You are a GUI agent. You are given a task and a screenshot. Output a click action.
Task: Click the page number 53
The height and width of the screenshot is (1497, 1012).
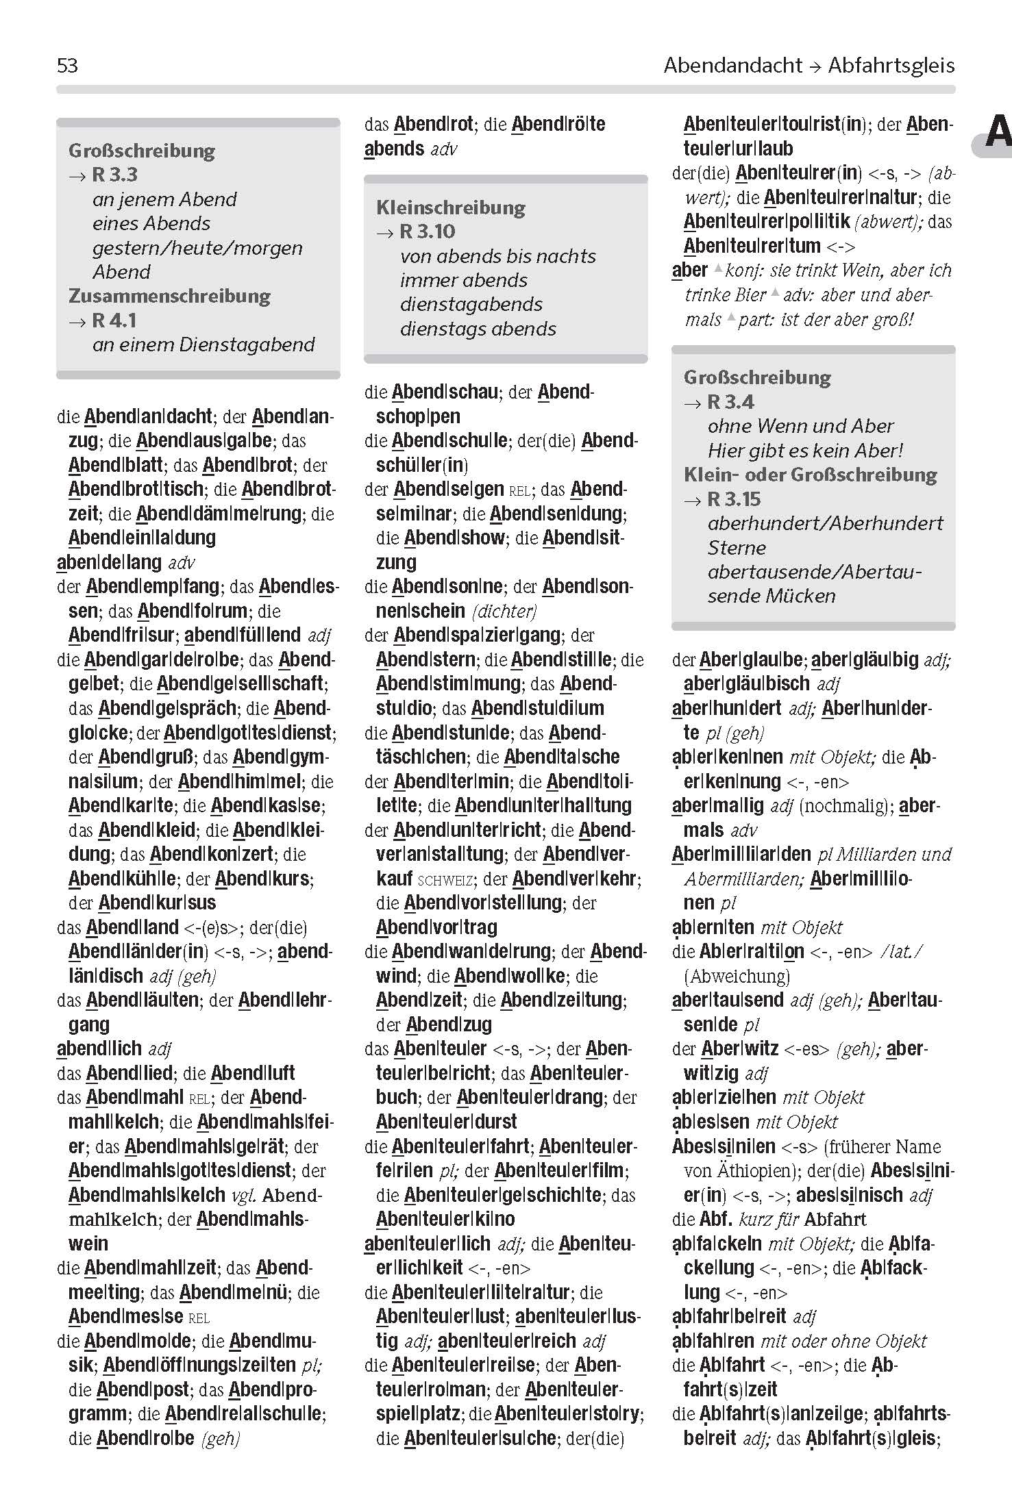click(67, 66)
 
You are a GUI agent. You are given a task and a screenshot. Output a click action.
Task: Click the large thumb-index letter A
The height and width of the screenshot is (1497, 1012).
click(998, 133)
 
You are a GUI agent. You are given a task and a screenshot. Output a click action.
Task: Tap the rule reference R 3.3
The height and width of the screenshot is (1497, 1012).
click(114, 175)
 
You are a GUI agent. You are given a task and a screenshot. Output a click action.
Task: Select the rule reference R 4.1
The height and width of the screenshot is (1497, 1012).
click(114, 320)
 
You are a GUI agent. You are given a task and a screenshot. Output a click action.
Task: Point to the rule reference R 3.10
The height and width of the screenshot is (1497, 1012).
click(428, 231)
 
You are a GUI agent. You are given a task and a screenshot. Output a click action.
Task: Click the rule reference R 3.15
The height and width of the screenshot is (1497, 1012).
click(734, 499)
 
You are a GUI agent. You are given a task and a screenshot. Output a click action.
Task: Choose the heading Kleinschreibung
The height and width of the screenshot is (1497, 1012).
click(451, 207)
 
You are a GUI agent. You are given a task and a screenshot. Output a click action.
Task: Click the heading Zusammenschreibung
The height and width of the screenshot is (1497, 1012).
click(169, 296)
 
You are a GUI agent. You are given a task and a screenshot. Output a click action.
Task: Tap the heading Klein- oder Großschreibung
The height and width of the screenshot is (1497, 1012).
click(810, 475)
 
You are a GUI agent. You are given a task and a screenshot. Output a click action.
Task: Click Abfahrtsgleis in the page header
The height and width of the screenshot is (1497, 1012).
click(891, 66)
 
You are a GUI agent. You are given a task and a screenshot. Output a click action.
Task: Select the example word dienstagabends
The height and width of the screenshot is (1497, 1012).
click(471, 304)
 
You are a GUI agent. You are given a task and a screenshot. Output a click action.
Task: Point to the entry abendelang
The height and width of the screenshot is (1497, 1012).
click(109, 562)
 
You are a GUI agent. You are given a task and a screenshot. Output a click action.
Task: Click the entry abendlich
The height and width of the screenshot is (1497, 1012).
click(99, 1048)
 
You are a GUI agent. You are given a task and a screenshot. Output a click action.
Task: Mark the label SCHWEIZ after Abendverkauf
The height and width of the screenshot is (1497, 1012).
click(445, 880)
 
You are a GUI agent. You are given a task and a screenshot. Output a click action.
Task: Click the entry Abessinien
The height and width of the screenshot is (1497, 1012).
click(724, 1146)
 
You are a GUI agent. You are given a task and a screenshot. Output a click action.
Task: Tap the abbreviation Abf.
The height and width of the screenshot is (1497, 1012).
click(716, 1219)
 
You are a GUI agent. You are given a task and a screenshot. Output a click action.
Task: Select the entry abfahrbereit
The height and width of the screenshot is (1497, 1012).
click(729, 1316)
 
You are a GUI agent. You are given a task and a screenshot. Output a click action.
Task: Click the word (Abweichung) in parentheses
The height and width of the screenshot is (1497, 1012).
click(737, 976)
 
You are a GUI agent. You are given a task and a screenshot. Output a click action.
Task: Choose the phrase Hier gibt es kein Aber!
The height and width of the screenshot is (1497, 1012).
click(805, 451)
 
